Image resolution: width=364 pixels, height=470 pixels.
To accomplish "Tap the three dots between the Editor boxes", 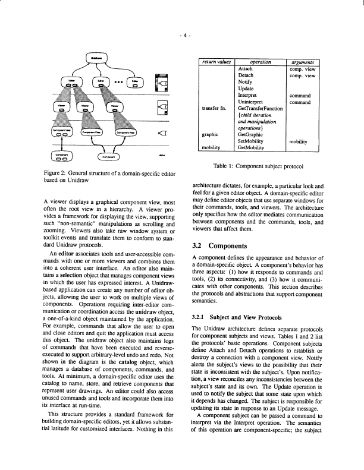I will coord(119,81).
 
